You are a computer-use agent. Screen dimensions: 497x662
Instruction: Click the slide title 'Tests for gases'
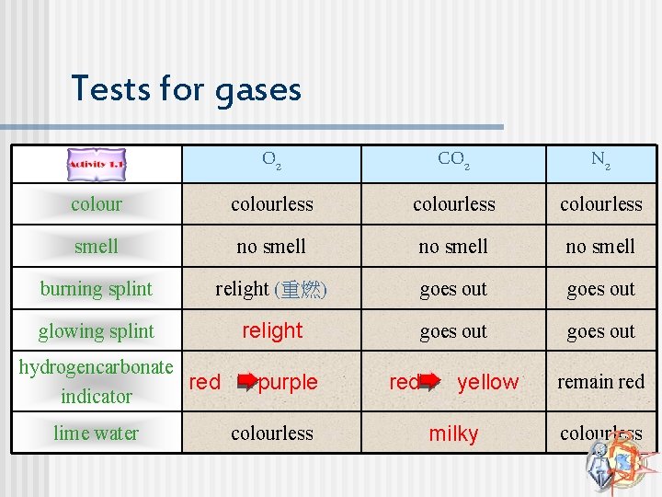(x=186, y=89)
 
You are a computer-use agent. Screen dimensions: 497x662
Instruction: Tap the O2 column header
(x=271, y=160)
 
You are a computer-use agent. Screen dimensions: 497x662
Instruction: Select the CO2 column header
(x=453, y=160)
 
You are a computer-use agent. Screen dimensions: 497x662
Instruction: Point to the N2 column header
(x=600, y=160)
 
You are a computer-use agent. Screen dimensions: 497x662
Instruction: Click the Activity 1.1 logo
(x=96, y=165)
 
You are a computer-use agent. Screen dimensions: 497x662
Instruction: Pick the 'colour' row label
(x=97, y=203)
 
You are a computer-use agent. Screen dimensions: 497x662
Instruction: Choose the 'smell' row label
(x=97, y=246)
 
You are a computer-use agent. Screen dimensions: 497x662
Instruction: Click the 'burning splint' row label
(x=97, y=288)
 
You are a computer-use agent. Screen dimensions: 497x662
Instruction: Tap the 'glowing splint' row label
(x=97, y=330)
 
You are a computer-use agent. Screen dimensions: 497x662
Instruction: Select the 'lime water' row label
(x=97, y=433)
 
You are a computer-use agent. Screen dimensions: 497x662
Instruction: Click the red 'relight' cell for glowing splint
(x=272, y=330)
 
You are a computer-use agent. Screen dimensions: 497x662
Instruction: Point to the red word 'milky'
(x=453, y=434)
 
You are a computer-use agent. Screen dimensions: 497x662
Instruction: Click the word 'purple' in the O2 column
(x=288, y=382)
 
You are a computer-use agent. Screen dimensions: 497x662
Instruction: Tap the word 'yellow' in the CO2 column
(x=488, y=382)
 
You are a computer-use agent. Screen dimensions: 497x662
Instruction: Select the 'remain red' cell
(x=600, y=381)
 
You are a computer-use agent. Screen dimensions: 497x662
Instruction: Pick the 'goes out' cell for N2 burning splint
(x=600, y=288)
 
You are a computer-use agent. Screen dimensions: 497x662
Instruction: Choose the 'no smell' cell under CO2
(x=453, y=246)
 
